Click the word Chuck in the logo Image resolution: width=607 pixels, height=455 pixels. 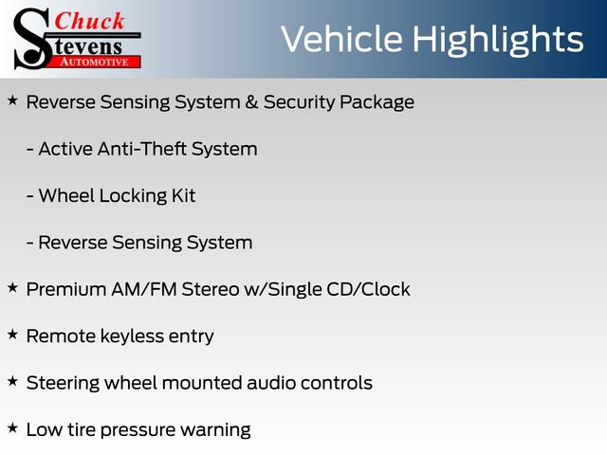[x=89, y=21]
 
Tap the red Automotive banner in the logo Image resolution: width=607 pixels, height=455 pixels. [x=95, y=62]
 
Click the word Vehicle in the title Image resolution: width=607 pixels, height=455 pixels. [x=341, y=39]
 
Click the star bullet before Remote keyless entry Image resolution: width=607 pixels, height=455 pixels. [x=12, y=335]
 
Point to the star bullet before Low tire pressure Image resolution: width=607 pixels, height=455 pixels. [x=12, y=428]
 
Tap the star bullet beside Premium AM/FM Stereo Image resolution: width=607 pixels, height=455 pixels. [x=12, y=287]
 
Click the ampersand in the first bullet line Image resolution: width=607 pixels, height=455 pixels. [x=251, y=102]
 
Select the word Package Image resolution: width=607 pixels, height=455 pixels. [x=377, y=103]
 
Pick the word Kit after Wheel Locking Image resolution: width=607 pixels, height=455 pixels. [x=183, y=195]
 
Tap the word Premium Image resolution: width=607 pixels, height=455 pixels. [x=66, y=289]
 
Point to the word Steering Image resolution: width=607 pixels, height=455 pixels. [x=63, y=383]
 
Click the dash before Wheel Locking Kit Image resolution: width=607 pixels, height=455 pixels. [x=29, y=196]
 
